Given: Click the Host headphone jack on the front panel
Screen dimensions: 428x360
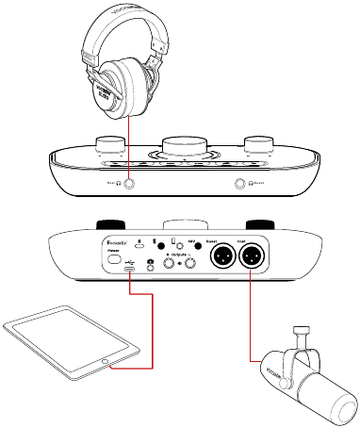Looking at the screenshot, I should (123, 186).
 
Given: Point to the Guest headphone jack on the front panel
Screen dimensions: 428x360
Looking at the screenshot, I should (243, 186).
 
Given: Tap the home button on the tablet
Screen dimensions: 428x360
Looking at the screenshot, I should (104, 361).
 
